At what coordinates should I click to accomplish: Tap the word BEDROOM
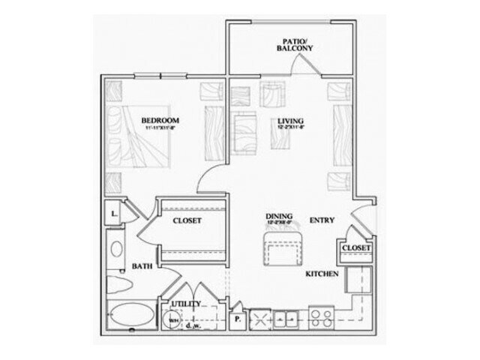160,120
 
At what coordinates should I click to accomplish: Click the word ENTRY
322,220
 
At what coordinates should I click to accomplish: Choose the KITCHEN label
322,274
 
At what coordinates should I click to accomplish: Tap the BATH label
142,265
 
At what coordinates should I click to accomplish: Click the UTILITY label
186,304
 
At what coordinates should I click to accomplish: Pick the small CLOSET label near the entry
355,247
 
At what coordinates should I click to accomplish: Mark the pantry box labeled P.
238,316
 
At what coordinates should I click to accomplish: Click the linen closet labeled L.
112,214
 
